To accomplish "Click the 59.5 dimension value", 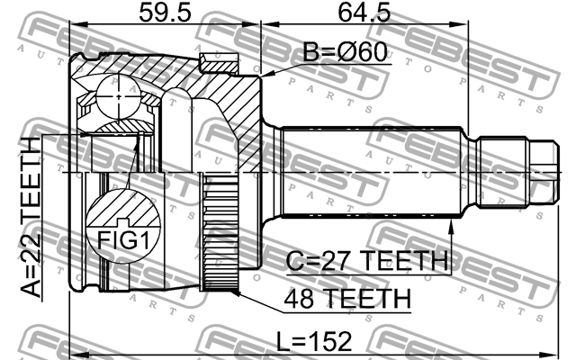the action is (x=165, y=13).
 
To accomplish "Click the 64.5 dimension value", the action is (x=364, y=13).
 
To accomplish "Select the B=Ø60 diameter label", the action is (x=345, y=52).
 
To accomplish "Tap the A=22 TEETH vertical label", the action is (x=30, y=217).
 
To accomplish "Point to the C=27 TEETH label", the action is (x=367, y=260).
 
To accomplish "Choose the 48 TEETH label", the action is (x=347, y=299).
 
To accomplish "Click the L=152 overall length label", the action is (x=314, y=341).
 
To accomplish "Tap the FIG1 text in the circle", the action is (x=123, y=240).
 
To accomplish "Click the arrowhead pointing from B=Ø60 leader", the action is (x=266, y=75).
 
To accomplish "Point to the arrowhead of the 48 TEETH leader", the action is (x=234, y=292).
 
